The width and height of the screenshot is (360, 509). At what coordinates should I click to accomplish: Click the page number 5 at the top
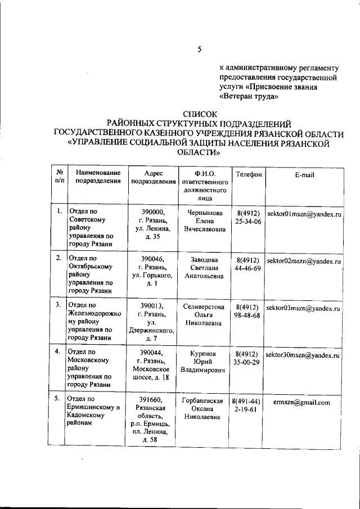(x=199, y=49)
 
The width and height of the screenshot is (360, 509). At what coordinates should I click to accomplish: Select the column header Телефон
(x=248, y=175)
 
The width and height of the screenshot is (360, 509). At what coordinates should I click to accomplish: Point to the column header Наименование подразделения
(x=94, y=178)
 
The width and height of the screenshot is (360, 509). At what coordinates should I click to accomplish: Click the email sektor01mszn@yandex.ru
(x=304, y=215)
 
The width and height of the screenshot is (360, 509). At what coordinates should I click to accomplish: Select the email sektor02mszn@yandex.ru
(x=304, y=262)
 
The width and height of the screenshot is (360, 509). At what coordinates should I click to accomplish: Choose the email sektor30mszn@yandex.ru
(x=304, y=356)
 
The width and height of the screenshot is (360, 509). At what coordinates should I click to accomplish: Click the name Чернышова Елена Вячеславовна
(x=204, y=220)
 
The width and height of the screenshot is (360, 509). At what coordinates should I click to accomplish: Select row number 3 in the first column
(x=58, y=304)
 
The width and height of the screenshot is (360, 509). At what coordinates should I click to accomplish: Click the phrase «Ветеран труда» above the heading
(x=249, y=96)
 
